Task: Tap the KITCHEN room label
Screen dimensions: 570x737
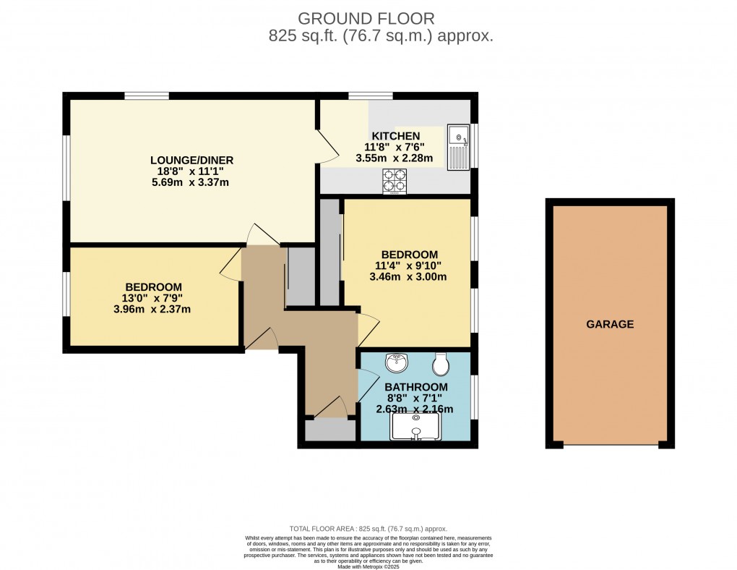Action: click(x=395, y=136)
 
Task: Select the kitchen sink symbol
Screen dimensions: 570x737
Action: click(x=458, y=147)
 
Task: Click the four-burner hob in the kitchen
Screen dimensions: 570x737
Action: click(x=395, y=182)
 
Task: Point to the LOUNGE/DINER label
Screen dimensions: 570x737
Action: click(x=191, y=160)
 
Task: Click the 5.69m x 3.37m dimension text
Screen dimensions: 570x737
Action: click(x=191, y=182)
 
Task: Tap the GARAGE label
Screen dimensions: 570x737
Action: click(x=610, y=324)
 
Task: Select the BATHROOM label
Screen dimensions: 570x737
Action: click(x=415, y=387)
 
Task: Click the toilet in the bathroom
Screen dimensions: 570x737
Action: click(x=441, y=362)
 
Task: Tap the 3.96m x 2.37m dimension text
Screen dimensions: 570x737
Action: click(x=153, y=310)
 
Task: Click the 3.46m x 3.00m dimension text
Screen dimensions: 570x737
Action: click(x=409, y=276)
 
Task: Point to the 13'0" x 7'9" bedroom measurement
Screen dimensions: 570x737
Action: click(x=153, y=298)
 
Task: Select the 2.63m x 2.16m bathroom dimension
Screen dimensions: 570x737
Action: click(x=415, y=409)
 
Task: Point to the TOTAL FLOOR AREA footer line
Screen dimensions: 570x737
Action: click(x=368, y=529)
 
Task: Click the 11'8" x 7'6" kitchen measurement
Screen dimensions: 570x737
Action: click(x=395, y=147)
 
